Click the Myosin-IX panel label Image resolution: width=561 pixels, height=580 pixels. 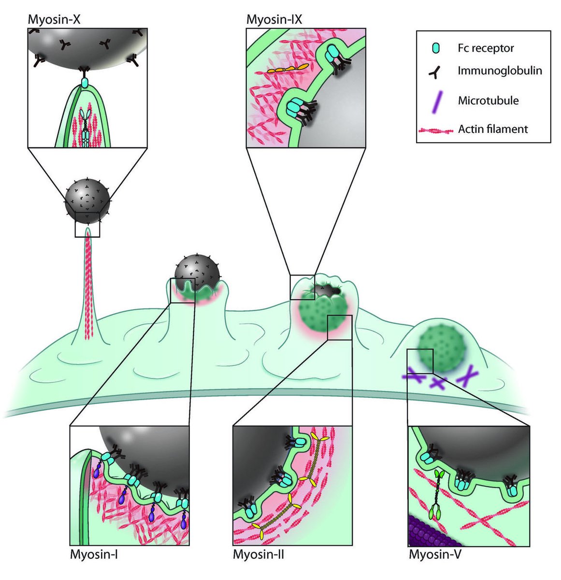274,20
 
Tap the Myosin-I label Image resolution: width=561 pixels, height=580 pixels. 94,554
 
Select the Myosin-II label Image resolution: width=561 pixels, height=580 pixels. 259,554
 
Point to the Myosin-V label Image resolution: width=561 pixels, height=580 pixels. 435,554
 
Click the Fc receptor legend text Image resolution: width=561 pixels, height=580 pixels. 486,48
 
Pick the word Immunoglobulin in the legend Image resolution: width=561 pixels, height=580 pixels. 500,71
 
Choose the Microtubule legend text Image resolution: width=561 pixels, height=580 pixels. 488,101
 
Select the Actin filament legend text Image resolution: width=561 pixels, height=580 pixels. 493,129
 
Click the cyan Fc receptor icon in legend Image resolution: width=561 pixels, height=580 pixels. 436,48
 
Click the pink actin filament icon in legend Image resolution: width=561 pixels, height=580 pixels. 436,130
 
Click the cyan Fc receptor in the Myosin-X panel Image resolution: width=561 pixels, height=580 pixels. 85,83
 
